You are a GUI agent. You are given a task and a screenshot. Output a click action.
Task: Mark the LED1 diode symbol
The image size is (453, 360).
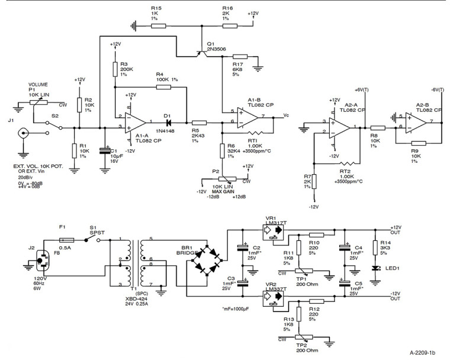(374, 269)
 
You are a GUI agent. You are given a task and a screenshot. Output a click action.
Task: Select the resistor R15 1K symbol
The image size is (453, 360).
(156, 25)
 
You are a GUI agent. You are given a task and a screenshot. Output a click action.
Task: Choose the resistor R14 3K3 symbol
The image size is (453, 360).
(374, 246)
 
